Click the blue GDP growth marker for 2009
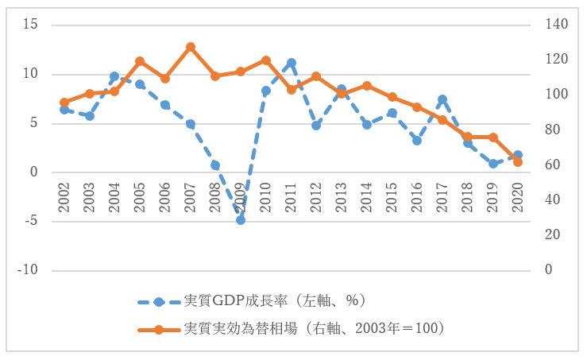[x=241, y=219]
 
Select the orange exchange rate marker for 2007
[x=191, y=48]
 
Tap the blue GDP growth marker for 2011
[x=292, y=63]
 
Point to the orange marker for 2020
[x=518, y=162]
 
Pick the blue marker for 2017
[x=442, y=100]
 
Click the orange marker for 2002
[x=64, y=103]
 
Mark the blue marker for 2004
[x=114, y=76]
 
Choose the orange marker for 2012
[x=316, y=76]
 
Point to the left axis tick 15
[x=31, y=25]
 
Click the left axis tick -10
[x=28, y=270]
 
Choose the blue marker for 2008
[x=215, y=165]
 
